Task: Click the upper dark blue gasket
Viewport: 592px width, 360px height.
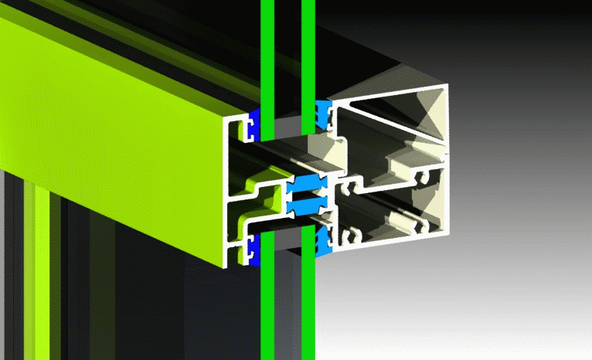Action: [x=253, y=124]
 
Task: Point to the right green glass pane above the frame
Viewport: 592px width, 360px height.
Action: [x=308, y=46]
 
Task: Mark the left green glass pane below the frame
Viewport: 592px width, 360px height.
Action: [x=267, y=309]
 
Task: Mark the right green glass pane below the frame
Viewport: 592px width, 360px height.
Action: [x=308, y=309]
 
